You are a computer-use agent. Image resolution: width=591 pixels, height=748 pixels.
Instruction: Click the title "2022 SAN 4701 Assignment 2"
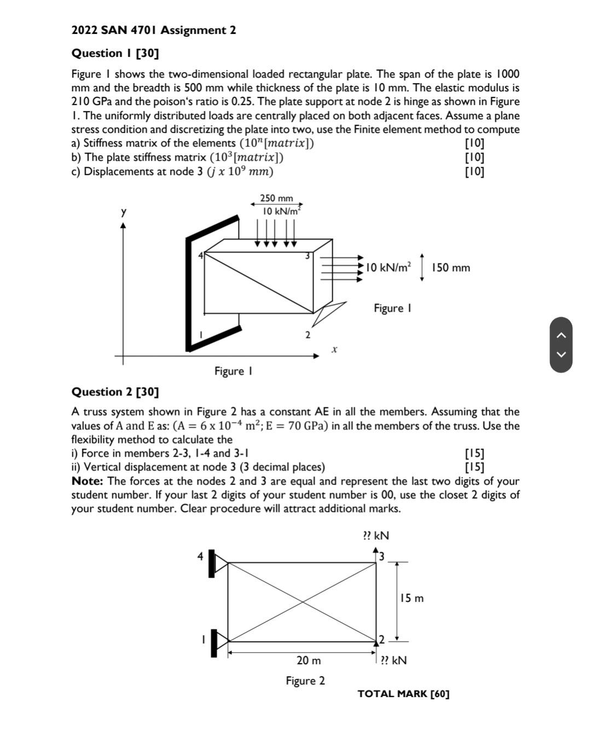coord(154,30)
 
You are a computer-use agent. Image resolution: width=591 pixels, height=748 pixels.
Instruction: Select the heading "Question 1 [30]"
coord(115,53)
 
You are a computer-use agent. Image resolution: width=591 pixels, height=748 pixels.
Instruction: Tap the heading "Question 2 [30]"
coord(115,391)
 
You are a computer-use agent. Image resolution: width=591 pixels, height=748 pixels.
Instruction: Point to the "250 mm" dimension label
coord(276,198)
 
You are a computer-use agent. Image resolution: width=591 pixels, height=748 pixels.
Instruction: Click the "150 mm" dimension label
coord(450,267)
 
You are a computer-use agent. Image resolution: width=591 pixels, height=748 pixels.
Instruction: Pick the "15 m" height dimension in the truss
coord(412,598)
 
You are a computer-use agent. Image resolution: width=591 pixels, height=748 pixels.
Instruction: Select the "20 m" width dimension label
coord(309,660)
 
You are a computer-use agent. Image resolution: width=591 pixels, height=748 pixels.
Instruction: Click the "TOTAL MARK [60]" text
coord(403,693)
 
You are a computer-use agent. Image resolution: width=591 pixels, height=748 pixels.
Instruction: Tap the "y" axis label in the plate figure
coord(124,211)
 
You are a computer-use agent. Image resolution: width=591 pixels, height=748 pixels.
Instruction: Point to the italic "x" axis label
coord(334,348)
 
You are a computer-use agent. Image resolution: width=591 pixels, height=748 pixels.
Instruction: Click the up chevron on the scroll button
coord(561,335)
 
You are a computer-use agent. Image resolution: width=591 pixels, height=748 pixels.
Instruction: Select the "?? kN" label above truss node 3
coord(376,535)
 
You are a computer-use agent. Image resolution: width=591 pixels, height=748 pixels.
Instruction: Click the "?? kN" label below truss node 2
coord(393,660)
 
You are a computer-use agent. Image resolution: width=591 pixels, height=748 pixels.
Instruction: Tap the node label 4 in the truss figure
coord(200,556)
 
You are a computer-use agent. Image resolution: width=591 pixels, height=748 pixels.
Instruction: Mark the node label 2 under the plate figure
coord(308,335)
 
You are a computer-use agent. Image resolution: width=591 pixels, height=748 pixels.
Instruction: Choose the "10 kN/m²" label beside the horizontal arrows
coord(388,267)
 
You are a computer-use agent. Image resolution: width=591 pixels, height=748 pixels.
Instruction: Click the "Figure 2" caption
coord(305,680)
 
